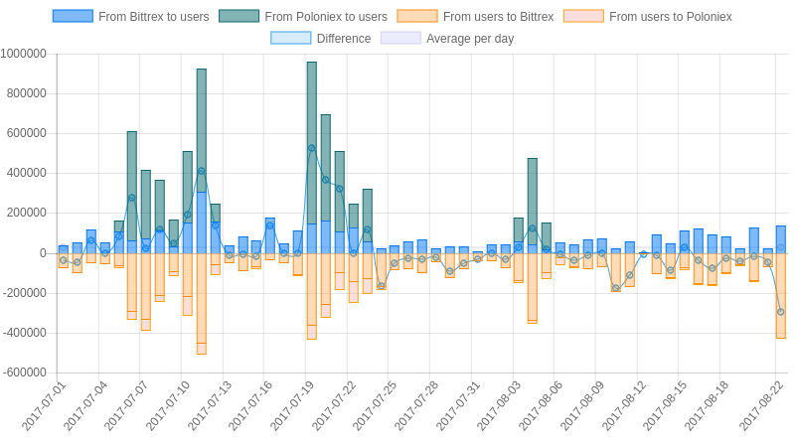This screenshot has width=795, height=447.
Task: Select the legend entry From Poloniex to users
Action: pyautogui.click(x=303, y=17)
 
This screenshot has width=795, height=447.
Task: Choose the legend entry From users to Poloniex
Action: pyautogui.click(x=647, y=17)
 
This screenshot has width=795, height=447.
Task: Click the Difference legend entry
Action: pyautogui.click(x=321, y=39)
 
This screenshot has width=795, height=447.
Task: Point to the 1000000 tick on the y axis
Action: pyautogui.click(x=23, y=54)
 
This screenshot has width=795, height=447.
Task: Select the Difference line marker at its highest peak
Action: pyautogui.click(x=311, y=148)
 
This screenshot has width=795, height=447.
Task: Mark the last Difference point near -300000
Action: pyautogui.click(x=780, y=312)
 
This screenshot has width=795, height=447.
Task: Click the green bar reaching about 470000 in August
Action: pyautogui.click(x=532, y=199)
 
